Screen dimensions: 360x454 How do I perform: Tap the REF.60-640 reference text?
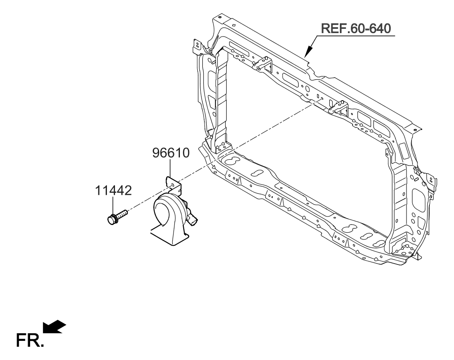coord(356,28)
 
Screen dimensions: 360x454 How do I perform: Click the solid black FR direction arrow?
coord(55,326)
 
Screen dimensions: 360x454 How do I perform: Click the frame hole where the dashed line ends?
coord(322,99)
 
